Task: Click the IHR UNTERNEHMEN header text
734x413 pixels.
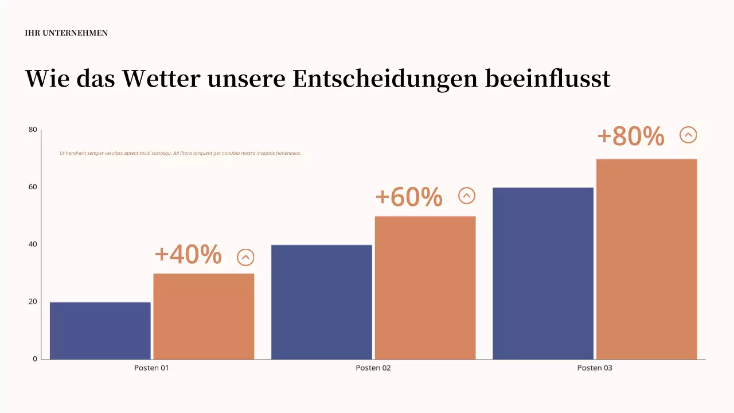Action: [x=67, y=33]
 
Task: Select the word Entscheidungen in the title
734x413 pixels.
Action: [x=385, y=79]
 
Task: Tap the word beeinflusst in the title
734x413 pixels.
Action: [x=548, y=79]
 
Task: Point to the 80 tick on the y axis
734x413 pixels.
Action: [x=33, y=130]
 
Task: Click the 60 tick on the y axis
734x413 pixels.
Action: [x=33, y=187]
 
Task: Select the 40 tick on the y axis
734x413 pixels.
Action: [x=33, y=244]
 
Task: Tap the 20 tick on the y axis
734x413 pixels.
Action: [x=33, y=302]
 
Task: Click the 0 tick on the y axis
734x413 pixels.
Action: [x=35, y=359]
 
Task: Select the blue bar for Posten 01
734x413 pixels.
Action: [x=100, y=330]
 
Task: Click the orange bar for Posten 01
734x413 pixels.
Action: [x=204, y=316]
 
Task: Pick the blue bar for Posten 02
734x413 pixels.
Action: [x=322, y=302]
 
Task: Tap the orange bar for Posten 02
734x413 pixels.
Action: [x=425, y=287]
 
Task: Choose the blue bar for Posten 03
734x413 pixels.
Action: [x=543, y=273]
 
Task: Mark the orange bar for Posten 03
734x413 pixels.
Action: [x=646, y=259]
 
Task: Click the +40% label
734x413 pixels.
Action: [x=188, y=255]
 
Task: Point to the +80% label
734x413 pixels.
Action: [x=631, y=137]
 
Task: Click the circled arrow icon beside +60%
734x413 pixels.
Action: [x=467, y=196]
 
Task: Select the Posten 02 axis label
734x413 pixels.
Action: [x=373, y=368]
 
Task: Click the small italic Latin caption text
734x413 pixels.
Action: [x=181, y=153]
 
